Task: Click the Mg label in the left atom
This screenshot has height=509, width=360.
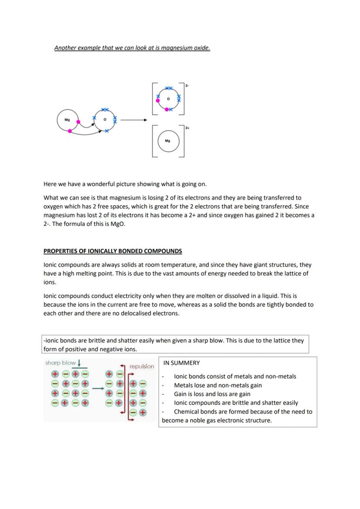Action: coord(67,119)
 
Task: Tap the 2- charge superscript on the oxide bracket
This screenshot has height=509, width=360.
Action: coord(187,86)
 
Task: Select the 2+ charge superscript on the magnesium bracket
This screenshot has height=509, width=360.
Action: coord(187,128)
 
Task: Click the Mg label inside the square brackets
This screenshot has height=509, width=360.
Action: coord(168,141)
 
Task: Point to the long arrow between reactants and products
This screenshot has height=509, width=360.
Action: coord(134,120)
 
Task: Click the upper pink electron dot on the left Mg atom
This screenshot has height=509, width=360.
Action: coord(78,122)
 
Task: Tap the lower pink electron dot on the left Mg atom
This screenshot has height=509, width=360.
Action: coord(70,130)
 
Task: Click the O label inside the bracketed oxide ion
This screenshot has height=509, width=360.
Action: coord(168,99)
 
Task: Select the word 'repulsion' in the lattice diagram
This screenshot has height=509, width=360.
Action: coord(142,366)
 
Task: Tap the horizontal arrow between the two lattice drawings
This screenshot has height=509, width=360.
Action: coord(98,388)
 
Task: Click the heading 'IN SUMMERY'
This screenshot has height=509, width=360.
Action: coord(181,363)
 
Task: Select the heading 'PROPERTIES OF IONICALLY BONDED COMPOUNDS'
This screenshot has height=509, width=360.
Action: coord(113,251)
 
